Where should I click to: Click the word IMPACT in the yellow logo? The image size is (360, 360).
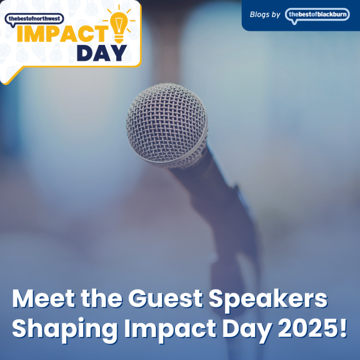click(62, 34)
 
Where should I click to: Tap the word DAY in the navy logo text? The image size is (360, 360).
click(102, 53)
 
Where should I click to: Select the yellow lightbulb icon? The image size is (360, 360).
click(119, 24)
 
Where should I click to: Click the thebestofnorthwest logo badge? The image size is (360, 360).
click(34, 19)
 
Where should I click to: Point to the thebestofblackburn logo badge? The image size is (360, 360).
click(317, 15)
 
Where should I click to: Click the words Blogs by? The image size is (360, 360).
click(265, 15)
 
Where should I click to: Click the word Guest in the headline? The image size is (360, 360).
click(166, 299)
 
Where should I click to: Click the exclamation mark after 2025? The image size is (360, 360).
click(343, 328)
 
